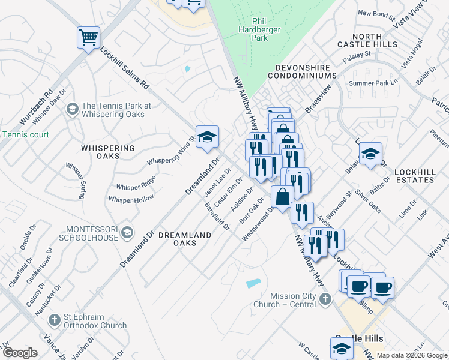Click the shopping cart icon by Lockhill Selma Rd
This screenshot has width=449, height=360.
(88, 38)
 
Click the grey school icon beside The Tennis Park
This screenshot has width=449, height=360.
(72, 109)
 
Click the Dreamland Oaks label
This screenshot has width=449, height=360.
(185, 239)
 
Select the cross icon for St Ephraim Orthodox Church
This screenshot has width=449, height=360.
(55, 320)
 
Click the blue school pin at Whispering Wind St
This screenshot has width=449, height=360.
(207, 137)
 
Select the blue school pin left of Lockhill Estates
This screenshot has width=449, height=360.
(370, 154)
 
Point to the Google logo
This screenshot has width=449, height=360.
(20, 353)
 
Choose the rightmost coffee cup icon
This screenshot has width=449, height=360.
(382, 287)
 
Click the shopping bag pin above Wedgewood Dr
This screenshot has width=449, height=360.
(282, 196)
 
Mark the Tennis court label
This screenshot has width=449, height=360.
(25, 135)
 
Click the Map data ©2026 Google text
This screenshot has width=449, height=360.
(412, 355)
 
